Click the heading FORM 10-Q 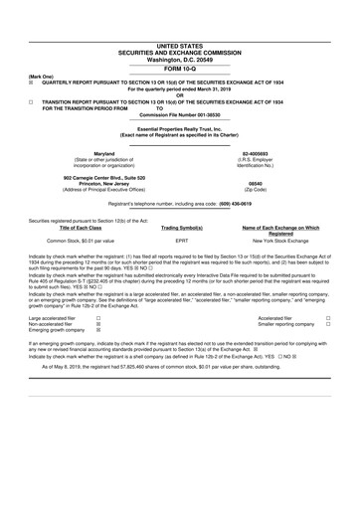(179, 67)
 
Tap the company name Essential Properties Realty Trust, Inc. (179, 129)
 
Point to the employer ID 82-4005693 (255, 152)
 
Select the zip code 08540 (255, 183)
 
